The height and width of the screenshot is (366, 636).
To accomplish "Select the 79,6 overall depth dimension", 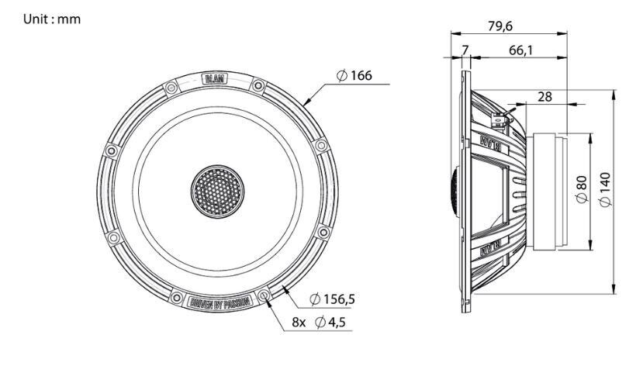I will (501, 26).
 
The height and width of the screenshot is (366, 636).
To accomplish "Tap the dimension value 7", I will (465, 50).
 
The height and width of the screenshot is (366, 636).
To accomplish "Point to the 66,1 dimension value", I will (525, 50).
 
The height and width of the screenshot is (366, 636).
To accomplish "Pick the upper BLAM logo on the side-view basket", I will (493, 143).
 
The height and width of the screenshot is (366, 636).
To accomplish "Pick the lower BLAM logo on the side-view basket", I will (493, 250).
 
